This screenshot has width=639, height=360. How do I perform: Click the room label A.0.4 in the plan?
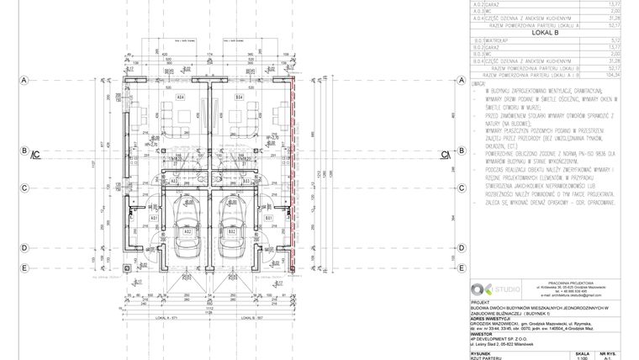pyautogui.click(x=180, y=98)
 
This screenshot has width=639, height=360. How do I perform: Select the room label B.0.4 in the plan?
pyautogui.click(x=239, y=98)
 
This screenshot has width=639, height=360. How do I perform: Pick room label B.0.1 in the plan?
pyautogui.click(x=267, y=218)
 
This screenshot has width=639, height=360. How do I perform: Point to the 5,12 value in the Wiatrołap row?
pyautogui.click(x=612, y=39)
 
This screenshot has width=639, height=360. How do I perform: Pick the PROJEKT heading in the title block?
pyautogui.click(x=481, y=301)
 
